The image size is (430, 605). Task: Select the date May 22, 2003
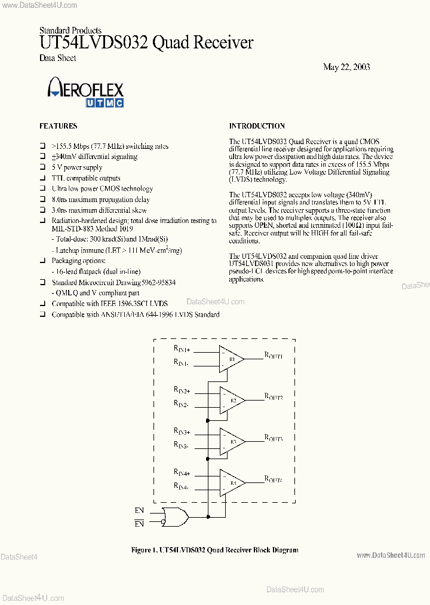346,67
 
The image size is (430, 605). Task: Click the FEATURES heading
58,126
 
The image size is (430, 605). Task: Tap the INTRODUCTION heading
257,126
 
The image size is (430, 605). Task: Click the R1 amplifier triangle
231,359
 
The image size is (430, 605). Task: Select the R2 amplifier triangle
231,400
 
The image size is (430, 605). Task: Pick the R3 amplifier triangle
231,441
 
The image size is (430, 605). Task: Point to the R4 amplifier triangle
231,482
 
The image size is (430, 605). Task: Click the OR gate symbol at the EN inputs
177,517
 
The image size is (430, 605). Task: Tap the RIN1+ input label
182,350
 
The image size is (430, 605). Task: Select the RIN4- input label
182,488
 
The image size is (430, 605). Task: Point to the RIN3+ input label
182,432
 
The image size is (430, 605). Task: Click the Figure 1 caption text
214,550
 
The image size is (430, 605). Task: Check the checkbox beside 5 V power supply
42,168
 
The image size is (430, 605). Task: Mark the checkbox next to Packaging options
42,261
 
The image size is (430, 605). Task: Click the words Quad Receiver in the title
203,43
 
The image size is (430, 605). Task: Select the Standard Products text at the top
70,30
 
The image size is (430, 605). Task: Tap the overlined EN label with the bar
140,524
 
